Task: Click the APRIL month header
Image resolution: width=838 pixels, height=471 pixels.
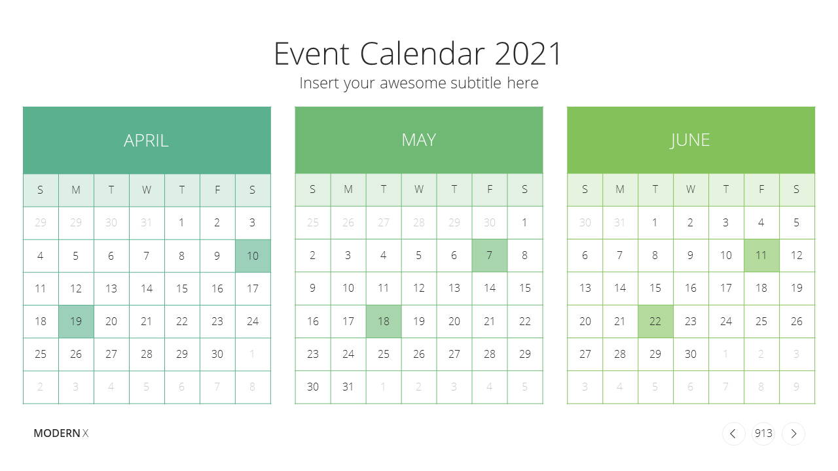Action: click(147, 141)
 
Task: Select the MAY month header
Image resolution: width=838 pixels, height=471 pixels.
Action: click(418, 140)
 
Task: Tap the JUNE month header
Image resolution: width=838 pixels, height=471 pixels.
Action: click(691, 140)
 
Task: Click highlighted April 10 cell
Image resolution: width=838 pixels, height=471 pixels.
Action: click(253, 256)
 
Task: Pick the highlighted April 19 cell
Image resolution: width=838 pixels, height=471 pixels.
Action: click(76, 321)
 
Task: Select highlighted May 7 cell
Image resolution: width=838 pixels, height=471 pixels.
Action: click(489, 255)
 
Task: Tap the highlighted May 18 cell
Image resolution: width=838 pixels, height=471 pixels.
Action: click(384, 321)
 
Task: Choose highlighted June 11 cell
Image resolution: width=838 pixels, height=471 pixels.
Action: click(761, 255)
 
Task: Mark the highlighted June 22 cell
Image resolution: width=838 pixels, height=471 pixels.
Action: click(655, 321)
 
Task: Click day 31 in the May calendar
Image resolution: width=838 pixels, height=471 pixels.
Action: click(348, 387)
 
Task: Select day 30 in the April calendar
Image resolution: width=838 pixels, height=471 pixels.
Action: click(217, 354)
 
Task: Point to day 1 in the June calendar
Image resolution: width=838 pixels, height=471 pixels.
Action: click(655, 223)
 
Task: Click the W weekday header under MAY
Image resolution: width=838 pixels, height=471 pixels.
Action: click(418, 190)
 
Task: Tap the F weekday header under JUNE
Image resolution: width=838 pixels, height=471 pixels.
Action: click(761, 190)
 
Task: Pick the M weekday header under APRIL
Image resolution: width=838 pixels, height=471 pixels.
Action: click(76, 190)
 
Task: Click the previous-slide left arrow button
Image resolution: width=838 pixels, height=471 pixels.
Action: click(734, 434)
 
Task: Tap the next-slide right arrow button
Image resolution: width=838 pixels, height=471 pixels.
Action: click(793, 434)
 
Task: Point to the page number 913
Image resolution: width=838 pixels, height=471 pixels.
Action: click(763, 433)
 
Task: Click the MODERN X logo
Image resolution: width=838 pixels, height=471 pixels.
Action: click(61, 433)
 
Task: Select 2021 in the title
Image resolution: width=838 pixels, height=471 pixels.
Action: click(528, 54)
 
